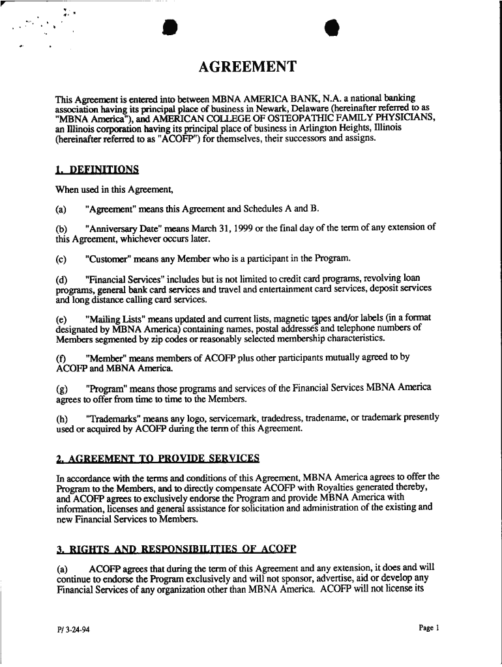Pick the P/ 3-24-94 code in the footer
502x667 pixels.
point(72,631)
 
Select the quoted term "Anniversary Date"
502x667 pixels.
point(125,228)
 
